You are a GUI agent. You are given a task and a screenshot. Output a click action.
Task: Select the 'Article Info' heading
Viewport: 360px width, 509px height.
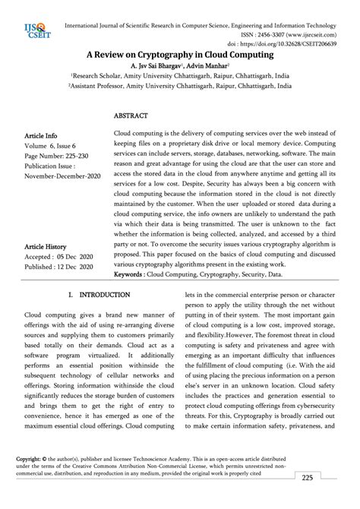click(x=41, y=136)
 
